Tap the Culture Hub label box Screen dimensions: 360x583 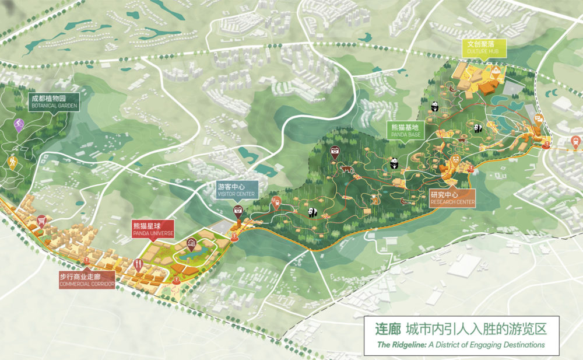(x=484, y=47)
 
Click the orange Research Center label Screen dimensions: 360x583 (x=452, y=198)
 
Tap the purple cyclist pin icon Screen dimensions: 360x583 (x=19, y=124)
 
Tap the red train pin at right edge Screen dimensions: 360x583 (x=575, y=141)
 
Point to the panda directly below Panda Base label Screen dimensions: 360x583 (x=394, y=163)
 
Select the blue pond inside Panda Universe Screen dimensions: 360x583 (x=189, y=255)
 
